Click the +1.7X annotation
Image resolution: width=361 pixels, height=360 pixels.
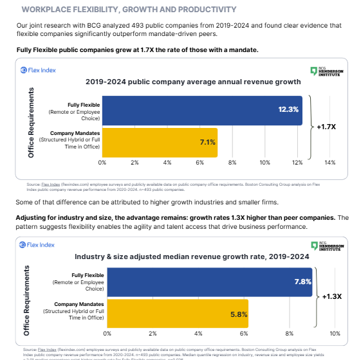(326, 127)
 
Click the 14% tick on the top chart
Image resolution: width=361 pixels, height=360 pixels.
(329, 163)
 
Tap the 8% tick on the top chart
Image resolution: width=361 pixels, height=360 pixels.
(232, 163)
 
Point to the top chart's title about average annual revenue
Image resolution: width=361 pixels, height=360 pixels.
(193, 82)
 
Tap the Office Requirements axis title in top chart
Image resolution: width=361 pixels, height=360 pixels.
(31, 123)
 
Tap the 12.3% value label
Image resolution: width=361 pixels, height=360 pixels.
(288, 110)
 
